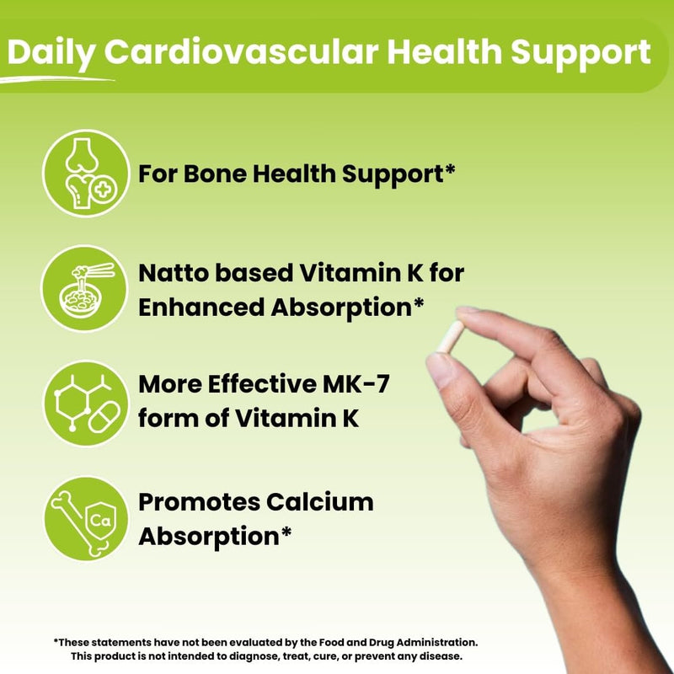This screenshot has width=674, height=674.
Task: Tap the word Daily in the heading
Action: pyautogui.click(x=51, y=52)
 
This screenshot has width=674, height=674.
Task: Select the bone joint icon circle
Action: pyautogui.click(x=85, y=173)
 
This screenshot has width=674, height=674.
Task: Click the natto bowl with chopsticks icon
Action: pyautogui.click(x=85, y=288)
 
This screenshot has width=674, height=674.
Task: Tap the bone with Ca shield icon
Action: pyautogui.click(x=85, y=517)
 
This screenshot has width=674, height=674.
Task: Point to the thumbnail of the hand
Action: pyautogui.click(x=440, y=370)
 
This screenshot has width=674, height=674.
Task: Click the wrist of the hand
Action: pyautogui.click(x=590, y=590)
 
